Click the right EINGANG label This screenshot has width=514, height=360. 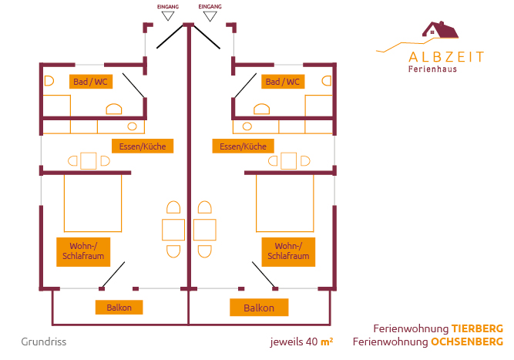pos(210,7)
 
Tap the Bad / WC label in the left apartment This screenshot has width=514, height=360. pos(90,82)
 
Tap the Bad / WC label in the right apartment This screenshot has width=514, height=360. pos(282,82)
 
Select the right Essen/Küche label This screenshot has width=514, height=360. pos(243,146)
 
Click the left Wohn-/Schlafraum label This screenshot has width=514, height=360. pos(82,251)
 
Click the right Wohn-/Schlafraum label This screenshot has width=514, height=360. pos(288,251)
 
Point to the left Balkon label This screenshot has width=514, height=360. pos(119,308)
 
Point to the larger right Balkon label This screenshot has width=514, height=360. pos(259,308)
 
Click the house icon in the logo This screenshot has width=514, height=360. pos(441,30)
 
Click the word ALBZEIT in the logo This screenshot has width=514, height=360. pos(447,56)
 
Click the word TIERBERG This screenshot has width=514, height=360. pos(478,328)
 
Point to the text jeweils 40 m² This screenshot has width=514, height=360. pos(301,341)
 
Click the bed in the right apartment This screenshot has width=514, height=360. pos(284,203)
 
